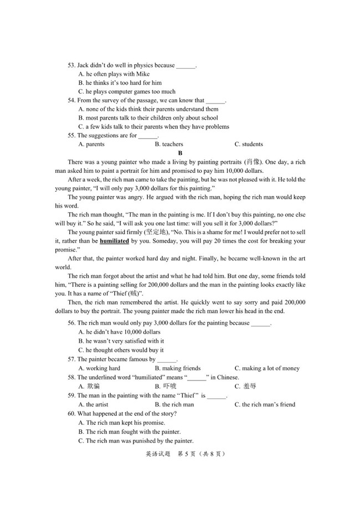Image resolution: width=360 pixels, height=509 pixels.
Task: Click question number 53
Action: pyautogui.click(x=72, y=65)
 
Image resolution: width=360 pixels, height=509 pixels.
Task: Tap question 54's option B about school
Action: pyautogui.click(x=148, y=118)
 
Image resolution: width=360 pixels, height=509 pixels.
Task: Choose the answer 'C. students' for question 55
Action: pyautogui.click(x=249, y=145)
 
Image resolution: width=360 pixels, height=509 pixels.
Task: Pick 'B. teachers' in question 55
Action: pyautogui.click(x=169, y=145)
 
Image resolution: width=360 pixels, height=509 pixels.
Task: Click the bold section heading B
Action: pyautogui.click(x=180, y=153)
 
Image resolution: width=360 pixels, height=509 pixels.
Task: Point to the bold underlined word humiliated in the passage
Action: pyautogui.click(x=115, y=241)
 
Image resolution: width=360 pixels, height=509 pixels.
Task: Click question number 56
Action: pyautogui.click(x=72, y=323)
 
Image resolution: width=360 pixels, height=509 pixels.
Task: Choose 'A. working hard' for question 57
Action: pyautogui.click(x=99, y=368)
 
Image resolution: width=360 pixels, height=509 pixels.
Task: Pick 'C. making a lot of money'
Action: pyautogui.click(x=267, y=368)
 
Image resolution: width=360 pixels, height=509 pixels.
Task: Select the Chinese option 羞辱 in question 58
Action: pyautogui.click(x=249, y=387)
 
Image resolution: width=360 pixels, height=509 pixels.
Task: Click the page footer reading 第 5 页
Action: pyautogui.click(x=188, y=454)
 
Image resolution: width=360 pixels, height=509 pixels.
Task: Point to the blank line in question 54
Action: pyautogui.click(x=215, y=101)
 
